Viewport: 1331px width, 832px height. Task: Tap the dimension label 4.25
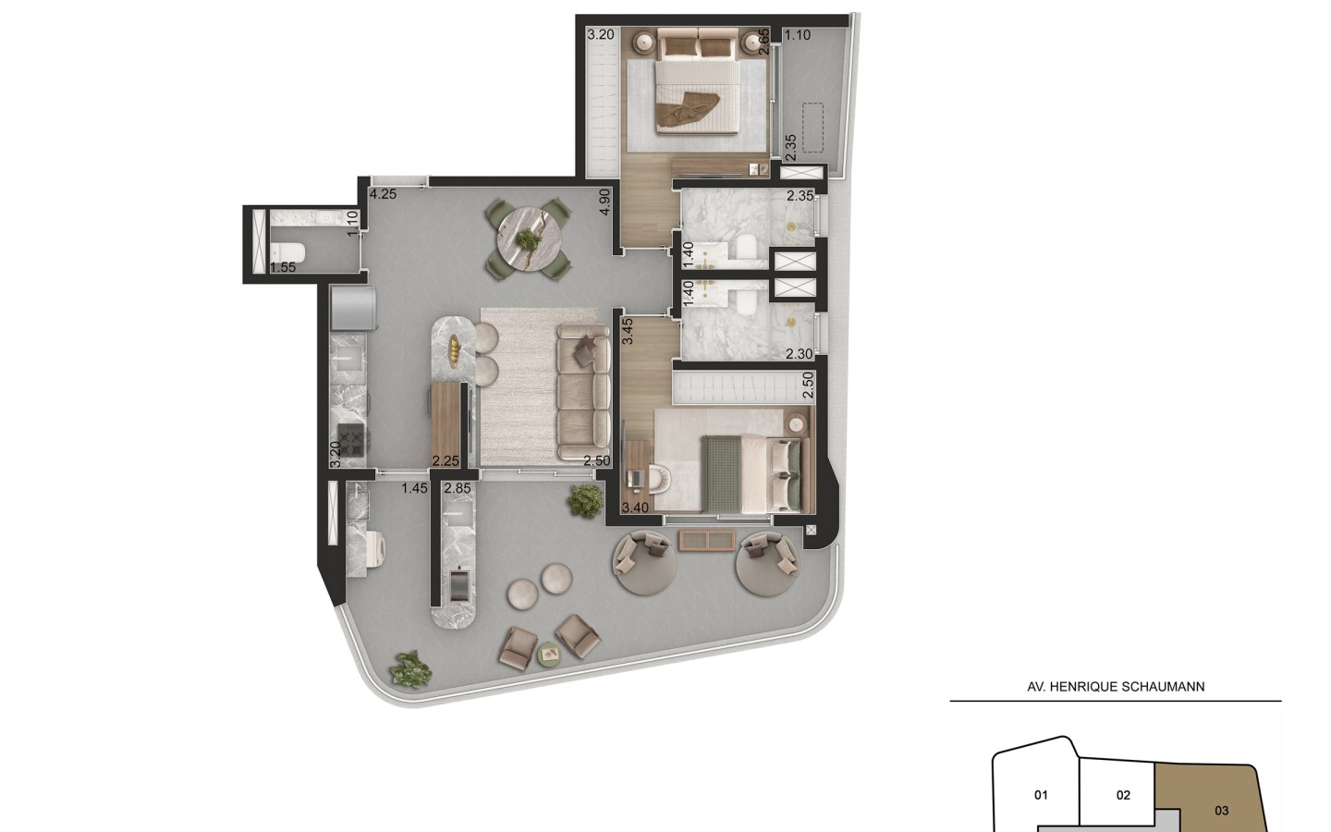[383, 194]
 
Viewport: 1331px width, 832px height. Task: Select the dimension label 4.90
[604, 202]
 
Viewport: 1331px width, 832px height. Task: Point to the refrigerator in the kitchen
[353, 309]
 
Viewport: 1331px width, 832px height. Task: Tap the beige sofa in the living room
[583, 393]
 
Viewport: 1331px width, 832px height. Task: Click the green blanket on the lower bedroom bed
[721, 473]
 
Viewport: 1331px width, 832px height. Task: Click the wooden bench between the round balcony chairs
[707, 541]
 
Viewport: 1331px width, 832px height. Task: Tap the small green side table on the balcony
[550, 655]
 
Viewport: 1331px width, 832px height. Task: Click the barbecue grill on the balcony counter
[458, 584]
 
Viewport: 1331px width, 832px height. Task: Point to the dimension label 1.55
[282, 267]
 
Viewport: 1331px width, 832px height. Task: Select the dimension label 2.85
[458, 488]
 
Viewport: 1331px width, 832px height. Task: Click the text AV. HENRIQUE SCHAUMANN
[1116, 687]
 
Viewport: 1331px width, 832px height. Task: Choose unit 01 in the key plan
[1041, 795]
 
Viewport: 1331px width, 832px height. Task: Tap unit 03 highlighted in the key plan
[1221, 811]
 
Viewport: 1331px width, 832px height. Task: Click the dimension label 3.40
[635, 508]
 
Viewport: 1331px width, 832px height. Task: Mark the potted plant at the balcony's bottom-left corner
[410, 669]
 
